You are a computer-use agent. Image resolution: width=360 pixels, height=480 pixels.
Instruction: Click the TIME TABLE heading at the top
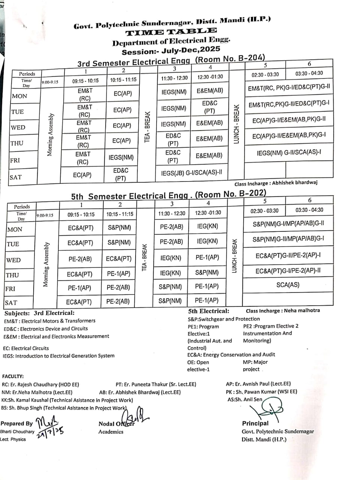tap(171, 32)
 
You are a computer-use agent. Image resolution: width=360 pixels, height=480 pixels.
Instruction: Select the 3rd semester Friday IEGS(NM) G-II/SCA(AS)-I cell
tap(289, 153)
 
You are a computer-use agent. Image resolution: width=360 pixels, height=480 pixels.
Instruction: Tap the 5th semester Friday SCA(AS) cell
tap(288, 285)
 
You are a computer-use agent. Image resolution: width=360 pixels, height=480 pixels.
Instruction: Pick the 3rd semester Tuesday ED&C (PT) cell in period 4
tap(209, 107)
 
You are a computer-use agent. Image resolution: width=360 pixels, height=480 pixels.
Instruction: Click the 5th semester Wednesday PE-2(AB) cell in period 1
tap(80, 259)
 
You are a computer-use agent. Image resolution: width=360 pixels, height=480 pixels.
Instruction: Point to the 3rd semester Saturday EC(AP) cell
tap(82, 175)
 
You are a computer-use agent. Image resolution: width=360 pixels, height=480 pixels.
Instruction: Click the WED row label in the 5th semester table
tap(13, 260)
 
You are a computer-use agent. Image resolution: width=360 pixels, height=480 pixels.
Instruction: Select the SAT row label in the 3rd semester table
tap(16, 177)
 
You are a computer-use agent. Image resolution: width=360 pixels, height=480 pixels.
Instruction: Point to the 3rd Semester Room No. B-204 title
tap(171, 61)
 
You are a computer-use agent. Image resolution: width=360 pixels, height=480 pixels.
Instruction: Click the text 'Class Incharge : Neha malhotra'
tap(282, 310)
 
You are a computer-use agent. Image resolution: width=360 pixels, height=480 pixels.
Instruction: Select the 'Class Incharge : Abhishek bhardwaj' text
tap(276, 183)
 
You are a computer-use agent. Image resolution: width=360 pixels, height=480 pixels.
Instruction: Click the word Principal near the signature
tap(255, 423)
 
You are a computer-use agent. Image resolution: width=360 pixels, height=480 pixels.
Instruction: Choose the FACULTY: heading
tap(13, 376)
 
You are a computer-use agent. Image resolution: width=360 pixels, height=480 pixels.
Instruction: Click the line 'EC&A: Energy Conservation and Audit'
tap(231, 355)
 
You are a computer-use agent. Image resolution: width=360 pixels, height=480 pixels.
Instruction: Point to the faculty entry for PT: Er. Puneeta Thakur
tap(156, 384)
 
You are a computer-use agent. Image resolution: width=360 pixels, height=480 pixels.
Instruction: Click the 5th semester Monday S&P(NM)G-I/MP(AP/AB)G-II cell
tap(288, 225)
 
